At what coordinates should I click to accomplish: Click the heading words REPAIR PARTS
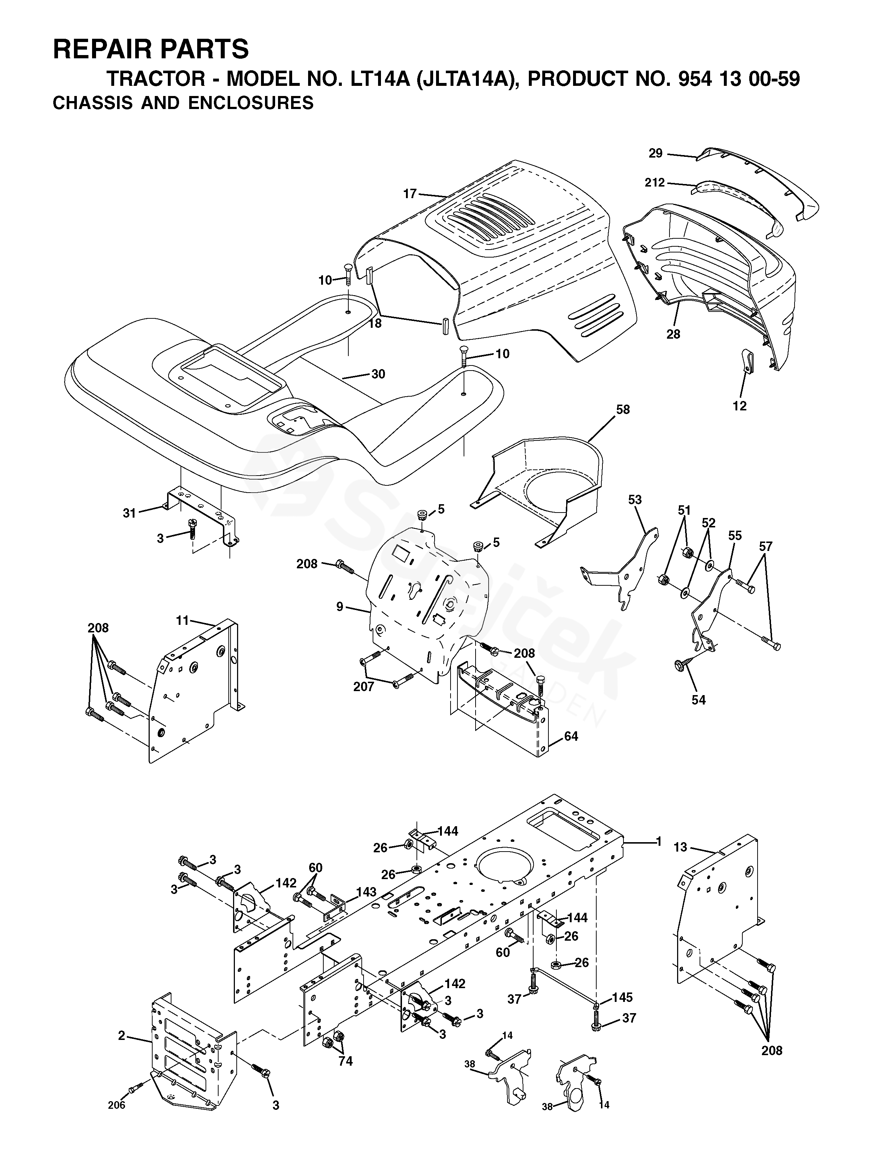pos(150,49)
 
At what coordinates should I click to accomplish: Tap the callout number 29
pos(655,153)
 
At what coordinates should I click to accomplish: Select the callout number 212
pos(655,183)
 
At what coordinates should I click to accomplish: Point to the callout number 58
pos(622,409)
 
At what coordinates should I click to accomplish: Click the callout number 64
pos(571,736)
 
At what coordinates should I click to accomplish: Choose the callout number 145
pos(622,997)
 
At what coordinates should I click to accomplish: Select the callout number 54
pos(698,700)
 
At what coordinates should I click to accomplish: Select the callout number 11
pos(182,620)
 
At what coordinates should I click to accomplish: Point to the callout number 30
pos(378,374)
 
